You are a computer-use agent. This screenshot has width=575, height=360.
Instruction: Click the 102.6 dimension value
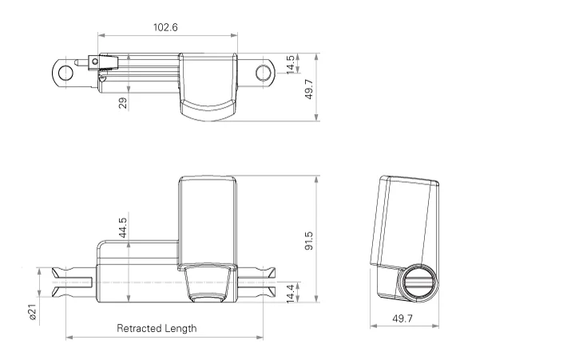point(165,27)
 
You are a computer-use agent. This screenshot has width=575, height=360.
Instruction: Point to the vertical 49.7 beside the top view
point(309,89)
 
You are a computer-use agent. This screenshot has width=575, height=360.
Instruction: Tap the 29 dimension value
point(123,102)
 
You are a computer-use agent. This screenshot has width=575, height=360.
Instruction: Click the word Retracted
point(141,328)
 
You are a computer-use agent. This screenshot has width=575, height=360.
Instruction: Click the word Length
point(181,328)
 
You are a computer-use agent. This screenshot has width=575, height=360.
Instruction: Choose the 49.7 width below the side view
point(403,319)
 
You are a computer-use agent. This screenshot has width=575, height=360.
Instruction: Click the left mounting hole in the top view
point(64,72)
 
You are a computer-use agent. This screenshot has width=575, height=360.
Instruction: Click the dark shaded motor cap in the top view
point(207,107)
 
